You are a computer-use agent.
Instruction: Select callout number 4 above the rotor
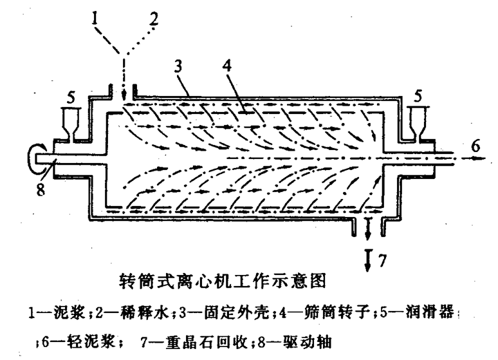point(226,66)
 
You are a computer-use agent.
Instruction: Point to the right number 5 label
point(418,95)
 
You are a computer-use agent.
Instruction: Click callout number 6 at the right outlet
point(475,146)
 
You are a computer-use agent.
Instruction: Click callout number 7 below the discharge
point(382,261)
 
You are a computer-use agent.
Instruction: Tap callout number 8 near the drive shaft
point(41,190)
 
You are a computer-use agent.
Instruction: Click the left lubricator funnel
point(71,124)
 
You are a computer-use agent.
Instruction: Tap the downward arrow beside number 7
point(368,260)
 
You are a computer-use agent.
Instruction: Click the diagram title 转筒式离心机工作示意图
point(223,281)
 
